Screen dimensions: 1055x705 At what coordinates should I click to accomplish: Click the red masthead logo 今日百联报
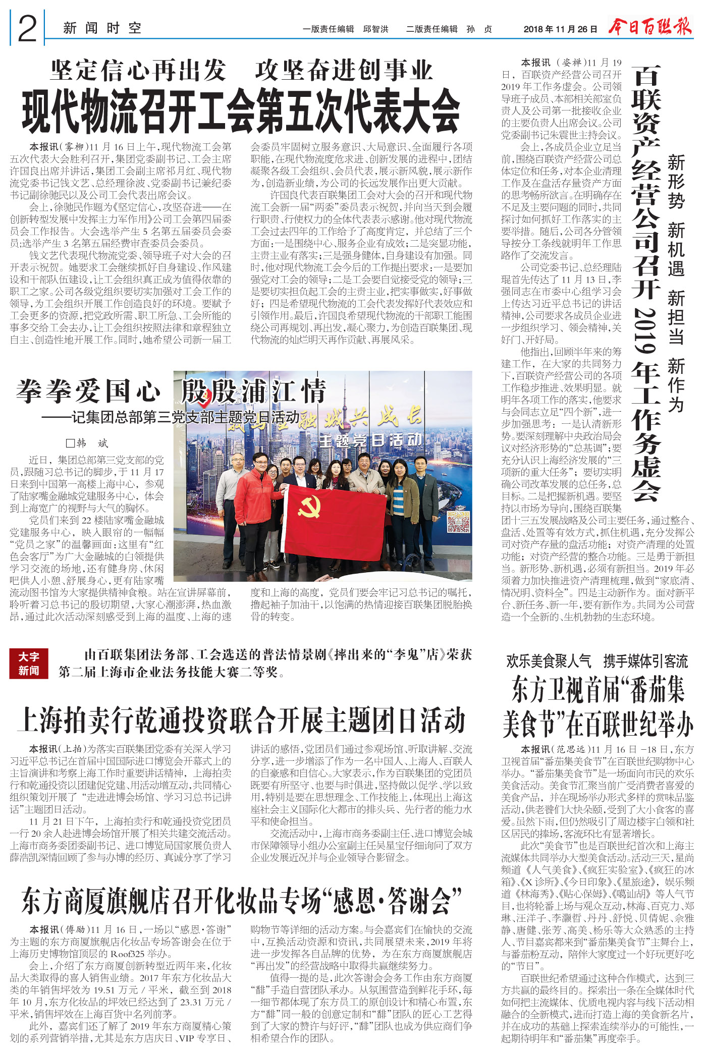(650, 26)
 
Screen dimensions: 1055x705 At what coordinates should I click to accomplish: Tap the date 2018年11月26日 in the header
(560, 29)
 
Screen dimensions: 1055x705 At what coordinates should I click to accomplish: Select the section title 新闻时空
(102, 28)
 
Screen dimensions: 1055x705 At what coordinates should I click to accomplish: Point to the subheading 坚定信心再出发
(138, 71)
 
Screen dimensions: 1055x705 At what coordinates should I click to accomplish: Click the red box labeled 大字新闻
(29, 663)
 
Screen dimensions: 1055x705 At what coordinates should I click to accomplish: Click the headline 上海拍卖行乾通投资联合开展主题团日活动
(241, 720)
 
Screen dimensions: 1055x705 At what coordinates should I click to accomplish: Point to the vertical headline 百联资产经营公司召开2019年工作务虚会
(646, 283)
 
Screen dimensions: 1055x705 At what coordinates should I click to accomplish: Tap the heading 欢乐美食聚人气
(549, 660)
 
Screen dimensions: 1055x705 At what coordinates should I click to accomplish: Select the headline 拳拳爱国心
(88, 392)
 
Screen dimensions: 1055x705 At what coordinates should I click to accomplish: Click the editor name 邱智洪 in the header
(376, 29)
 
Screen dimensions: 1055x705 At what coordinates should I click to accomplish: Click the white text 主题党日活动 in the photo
(371, 440)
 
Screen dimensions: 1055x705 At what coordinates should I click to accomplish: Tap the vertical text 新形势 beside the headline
(676, 182)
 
